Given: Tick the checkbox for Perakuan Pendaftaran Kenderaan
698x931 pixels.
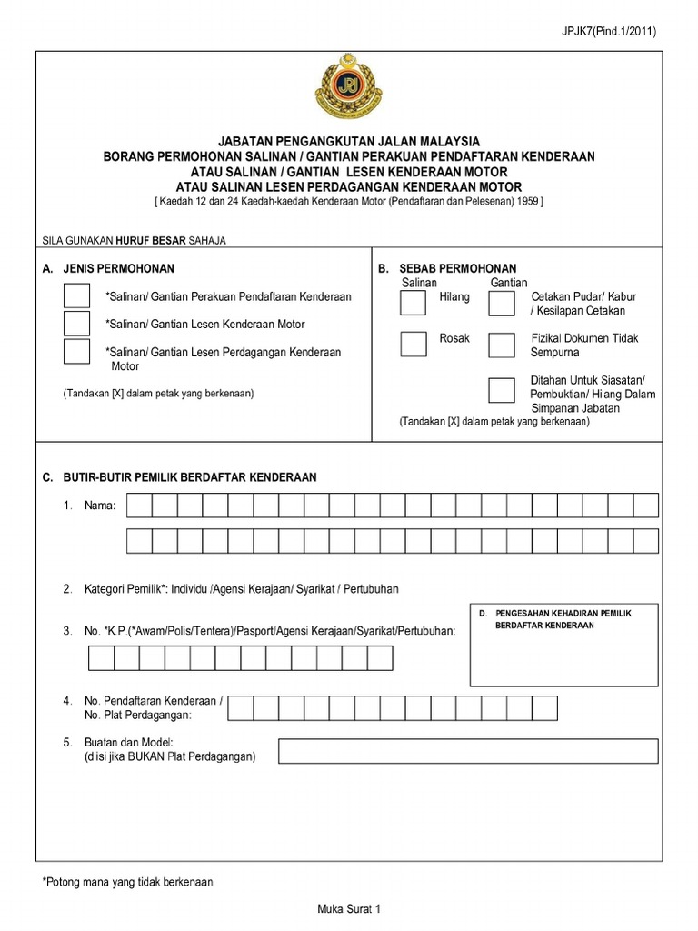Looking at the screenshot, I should tap(76, 296).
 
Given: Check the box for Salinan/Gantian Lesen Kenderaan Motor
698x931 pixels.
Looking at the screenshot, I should tap(76, 324).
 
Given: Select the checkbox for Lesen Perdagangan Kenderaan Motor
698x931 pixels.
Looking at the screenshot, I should tap(76, 352).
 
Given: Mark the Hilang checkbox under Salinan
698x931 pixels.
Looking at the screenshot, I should tap(414, 303).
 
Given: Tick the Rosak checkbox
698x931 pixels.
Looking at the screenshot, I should tap(414, 344).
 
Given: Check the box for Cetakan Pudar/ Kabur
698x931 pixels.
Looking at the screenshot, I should tap(501, 303).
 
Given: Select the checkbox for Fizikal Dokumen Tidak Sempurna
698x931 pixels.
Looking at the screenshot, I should tap(501, 344).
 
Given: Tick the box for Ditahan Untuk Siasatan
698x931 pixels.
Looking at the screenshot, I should tap(501, 389).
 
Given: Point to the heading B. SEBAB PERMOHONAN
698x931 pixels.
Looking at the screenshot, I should tap(446, 268).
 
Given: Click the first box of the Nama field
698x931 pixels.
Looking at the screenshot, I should tap(139, 506).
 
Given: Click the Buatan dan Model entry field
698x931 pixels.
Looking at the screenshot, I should tap(468, 751).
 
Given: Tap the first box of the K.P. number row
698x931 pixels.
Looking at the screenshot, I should tap(100, 658).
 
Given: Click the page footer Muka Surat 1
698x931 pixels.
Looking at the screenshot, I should tap(348, 909).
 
